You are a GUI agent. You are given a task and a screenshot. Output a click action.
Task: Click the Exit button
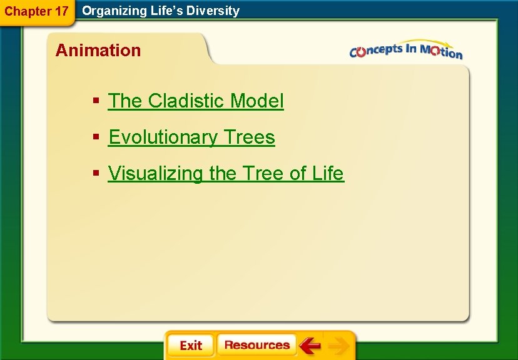point(190,346)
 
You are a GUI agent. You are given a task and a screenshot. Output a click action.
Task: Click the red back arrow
point(310,346)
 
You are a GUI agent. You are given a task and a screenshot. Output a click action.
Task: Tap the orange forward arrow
point(338,346)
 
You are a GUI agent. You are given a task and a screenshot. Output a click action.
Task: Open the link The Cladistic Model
point(196,101)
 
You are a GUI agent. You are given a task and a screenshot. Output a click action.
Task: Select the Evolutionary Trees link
point(191,137)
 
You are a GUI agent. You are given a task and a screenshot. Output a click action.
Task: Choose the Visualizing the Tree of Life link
point(226,173)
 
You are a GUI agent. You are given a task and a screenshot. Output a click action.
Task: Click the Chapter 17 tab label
point(36,11)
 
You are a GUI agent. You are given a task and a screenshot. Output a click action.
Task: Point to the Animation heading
point(98,50)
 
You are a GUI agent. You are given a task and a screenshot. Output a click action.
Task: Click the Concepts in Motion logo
point(405,51)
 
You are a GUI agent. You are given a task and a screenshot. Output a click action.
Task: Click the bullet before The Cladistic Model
point(96,101)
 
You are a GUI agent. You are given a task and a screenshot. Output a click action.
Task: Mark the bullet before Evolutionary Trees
point(96,137)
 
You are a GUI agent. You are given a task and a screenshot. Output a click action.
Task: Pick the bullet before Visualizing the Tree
point(96,174)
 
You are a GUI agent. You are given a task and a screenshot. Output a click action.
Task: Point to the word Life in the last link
point(328,173)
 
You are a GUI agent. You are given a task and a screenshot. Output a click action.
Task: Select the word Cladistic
point(186,101)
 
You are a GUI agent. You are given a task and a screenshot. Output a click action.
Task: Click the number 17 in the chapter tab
point(60,11)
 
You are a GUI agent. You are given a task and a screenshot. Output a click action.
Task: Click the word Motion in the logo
point(442,52)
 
